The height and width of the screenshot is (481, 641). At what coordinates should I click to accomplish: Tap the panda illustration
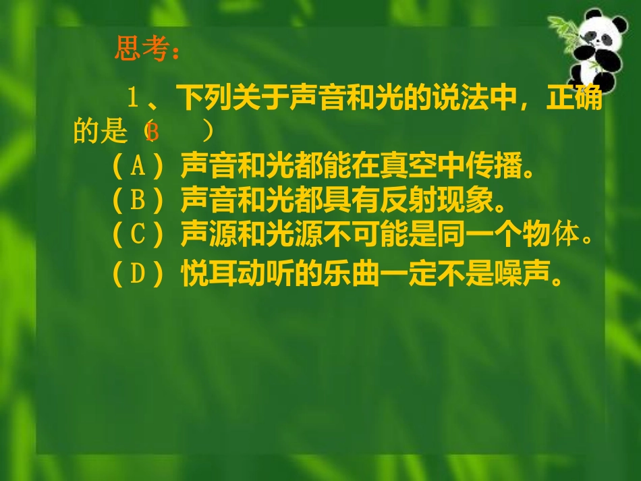coord(594,51)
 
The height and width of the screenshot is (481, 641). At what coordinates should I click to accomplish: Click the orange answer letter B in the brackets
coord(152,132)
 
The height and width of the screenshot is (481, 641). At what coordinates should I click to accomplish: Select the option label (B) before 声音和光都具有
coord(138,200)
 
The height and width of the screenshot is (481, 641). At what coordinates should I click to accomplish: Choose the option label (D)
coord(138,275)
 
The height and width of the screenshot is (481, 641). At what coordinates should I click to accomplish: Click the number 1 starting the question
coord(134,98)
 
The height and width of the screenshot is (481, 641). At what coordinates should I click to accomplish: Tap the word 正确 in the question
coord(574,98)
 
